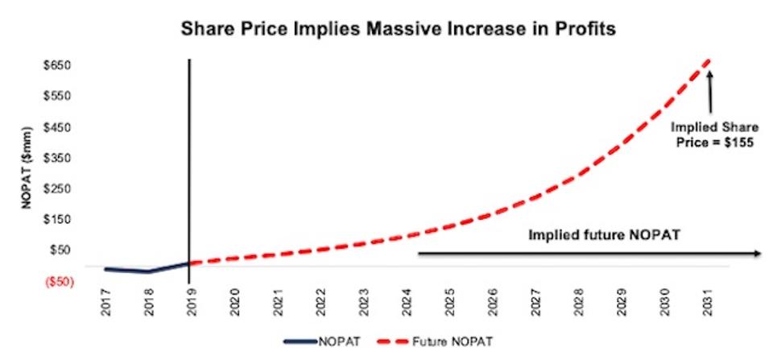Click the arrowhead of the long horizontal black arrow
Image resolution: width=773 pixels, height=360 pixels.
point(756,253)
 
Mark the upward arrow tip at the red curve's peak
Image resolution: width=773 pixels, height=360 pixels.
point(709,73)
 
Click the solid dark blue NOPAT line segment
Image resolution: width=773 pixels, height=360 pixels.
point(145,271)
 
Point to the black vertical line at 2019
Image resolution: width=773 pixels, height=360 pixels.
point(189,161)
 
